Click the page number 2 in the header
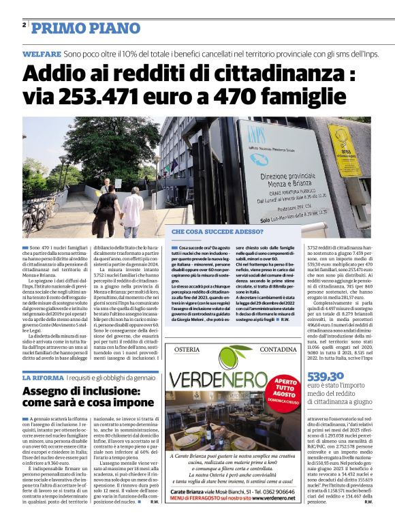pyautogui.click(x=25, y=25)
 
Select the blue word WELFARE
pyautogui.click(x=42, y=53)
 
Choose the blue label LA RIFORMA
pyautogui.click(x=43, y=378)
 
